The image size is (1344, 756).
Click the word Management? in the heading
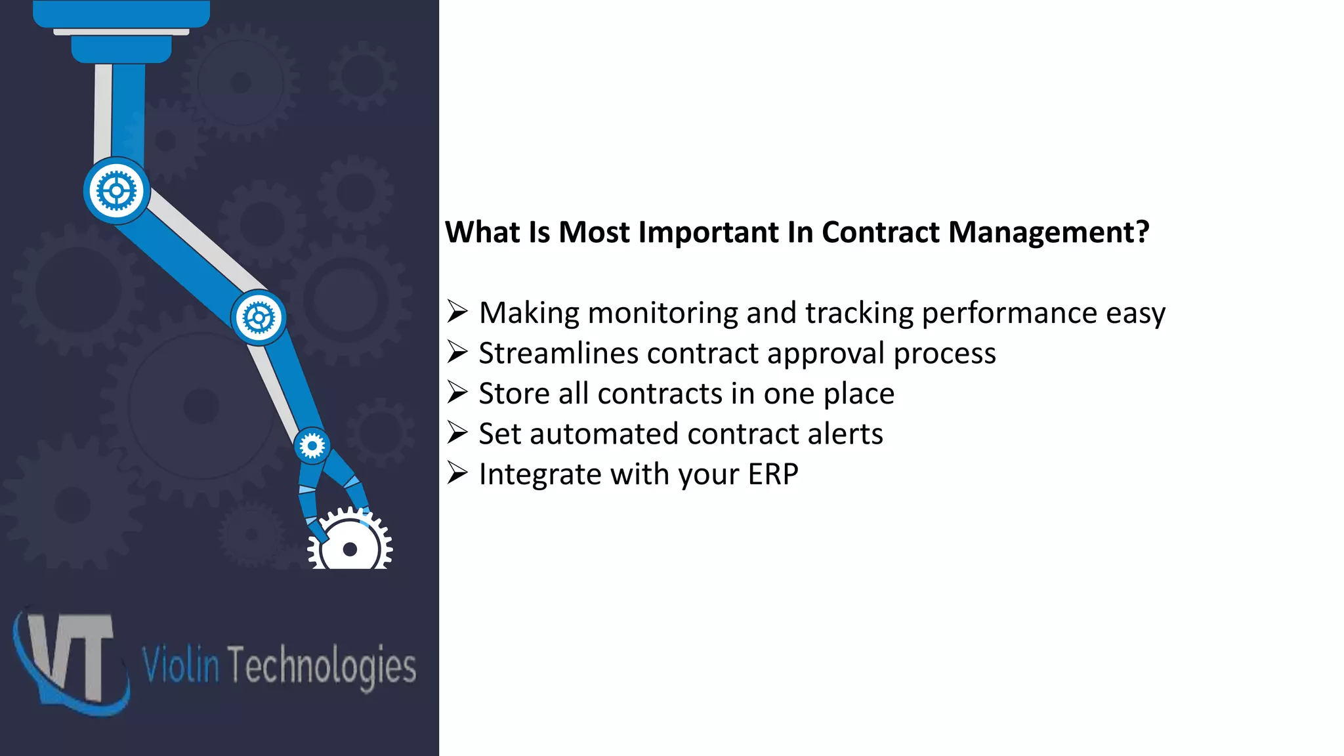click(x=1049, y=232)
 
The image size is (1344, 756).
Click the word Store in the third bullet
click(x=514, y=394)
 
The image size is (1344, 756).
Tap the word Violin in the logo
click(x=180, y=665)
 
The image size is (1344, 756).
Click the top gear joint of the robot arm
click(x=117, y=191)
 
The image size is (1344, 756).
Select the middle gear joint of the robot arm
click(x=259, y=318)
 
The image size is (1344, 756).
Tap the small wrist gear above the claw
click(x=312, y=446)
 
